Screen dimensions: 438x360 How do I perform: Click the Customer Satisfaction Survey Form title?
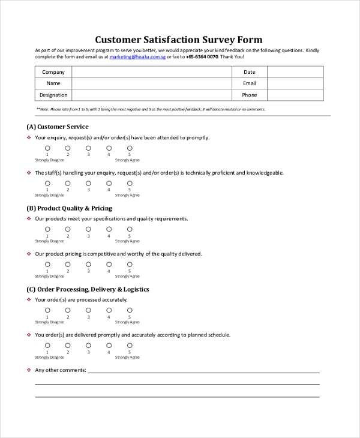pos(178,40)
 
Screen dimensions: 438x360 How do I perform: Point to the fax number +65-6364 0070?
pos(202,57)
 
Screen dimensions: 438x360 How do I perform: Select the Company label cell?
pos(53,72)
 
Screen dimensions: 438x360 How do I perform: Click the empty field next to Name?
pos(151,83)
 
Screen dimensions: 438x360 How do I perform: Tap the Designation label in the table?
pos(53,95)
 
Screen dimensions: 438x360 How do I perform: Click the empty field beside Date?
pos(295,72)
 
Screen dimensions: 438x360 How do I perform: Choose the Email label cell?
pos(249,83)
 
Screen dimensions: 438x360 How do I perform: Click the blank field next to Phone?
pos(295,95)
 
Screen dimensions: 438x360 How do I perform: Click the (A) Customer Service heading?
pos(58,127)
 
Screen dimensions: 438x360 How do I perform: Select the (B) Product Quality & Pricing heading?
pos(69,208)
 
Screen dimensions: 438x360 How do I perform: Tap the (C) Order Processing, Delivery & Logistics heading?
pos(88,289)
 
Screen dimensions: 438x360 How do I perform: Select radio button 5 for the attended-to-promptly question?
pos(130,148)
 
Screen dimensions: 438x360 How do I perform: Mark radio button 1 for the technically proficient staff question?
pos(47,183)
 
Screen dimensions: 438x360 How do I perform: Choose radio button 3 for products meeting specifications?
pos(88,229)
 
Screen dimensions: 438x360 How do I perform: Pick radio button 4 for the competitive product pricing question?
pos(109,264)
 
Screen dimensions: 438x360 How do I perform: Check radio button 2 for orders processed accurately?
pos(68,310)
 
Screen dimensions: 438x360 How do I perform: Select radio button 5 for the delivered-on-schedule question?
pos(130,345)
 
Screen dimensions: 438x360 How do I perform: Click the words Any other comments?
pos(61,370)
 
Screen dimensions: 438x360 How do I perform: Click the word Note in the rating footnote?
pos(44,109)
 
